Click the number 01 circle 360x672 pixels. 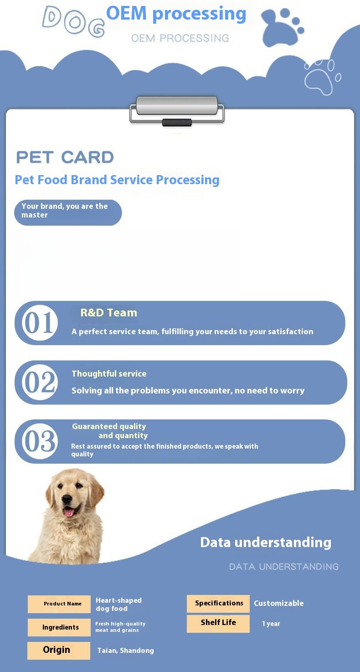point(40,323)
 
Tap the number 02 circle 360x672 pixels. point(40,382)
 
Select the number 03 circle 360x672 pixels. point(40,441)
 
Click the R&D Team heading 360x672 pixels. point(109,313)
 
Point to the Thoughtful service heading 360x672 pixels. point(109,373)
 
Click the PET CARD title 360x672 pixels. point(65,157)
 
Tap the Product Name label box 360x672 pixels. point(59,604)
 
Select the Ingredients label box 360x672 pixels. point(59,627)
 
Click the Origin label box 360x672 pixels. point(59,651)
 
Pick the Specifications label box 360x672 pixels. point(218,604)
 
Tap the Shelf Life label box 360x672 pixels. point(218,624)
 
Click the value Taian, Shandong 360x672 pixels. point(126,651)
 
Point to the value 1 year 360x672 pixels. point(271,624)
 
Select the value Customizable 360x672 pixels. point(279,603)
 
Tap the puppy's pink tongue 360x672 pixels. point(69,512)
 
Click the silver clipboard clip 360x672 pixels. point(177,110)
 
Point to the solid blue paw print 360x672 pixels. point(282,29)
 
